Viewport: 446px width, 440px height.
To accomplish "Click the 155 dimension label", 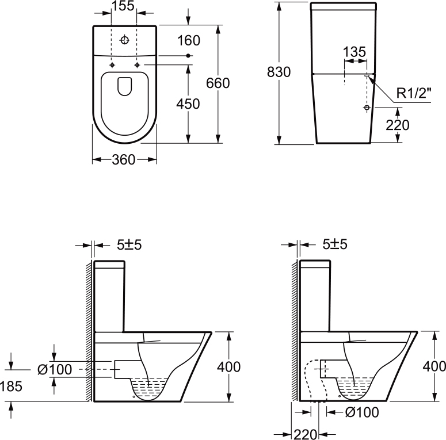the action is coord(123,6).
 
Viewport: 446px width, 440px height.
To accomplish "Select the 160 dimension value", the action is coord(189,40).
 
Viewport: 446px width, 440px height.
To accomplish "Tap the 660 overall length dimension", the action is coord(218,83).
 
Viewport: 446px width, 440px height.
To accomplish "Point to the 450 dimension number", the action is coord(188,104).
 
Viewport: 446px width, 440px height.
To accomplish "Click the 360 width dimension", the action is coord(124,160).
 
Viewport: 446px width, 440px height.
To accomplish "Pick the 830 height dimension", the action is coord(279,72).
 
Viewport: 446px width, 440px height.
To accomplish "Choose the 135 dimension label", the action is coord(354,52).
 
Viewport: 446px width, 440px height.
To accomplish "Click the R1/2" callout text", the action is coord(414,93).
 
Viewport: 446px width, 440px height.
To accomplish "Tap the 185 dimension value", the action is coord(11,387).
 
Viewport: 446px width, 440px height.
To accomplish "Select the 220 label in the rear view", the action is coord(398,125).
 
